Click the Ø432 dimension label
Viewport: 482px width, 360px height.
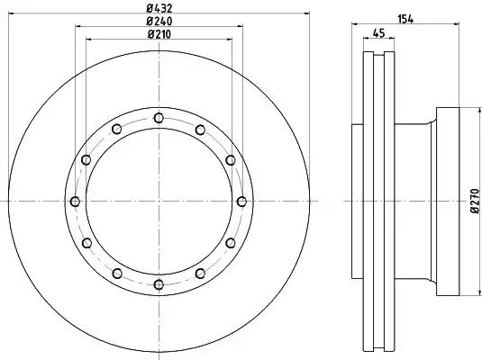(x=159, y=8)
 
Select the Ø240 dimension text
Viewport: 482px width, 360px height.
(x=159, y=22)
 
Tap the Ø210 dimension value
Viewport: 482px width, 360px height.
(x=159, y=34)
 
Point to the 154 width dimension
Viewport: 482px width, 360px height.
(x=405, y=19)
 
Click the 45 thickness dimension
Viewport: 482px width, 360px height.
(x=378, y=33)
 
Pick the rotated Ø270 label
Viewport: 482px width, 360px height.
(x=475, y=201)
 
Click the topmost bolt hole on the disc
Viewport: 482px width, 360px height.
(x=159, y=118)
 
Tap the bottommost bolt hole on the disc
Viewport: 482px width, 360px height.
(x=159, y=284)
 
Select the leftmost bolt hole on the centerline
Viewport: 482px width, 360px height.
(x=75, y=202)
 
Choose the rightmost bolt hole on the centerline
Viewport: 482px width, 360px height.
(x=242, y=202)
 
